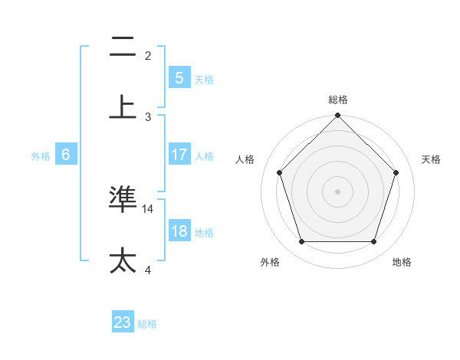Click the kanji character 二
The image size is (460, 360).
point(123,47)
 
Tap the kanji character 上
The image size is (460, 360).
point(123,107)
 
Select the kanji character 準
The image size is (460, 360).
point(123,199)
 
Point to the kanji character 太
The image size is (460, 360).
point(123,260)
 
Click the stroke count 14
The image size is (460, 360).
point(149,208)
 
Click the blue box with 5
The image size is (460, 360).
point(179,78)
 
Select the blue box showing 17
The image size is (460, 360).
point(179,155)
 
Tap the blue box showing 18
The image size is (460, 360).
point(179,231)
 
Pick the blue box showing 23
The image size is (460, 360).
point(123,322)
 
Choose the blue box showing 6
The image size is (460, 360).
point(66,155)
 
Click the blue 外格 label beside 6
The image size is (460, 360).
point(41,155)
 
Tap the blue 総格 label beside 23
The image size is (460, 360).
point(147,323)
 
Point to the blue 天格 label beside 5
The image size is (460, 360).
point(203,79)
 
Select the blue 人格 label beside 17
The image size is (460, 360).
point(203,155)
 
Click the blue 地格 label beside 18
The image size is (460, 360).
point(203,232)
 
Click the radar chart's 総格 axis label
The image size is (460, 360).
point(337,100)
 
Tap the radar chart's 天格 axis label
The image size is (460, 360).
point(431,159)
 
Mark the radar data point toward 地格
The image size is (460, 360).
point(373,242)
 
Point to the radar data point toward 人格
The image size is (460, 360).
point(279,172)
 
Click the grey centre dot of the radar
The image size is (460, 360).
point(337,191)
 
